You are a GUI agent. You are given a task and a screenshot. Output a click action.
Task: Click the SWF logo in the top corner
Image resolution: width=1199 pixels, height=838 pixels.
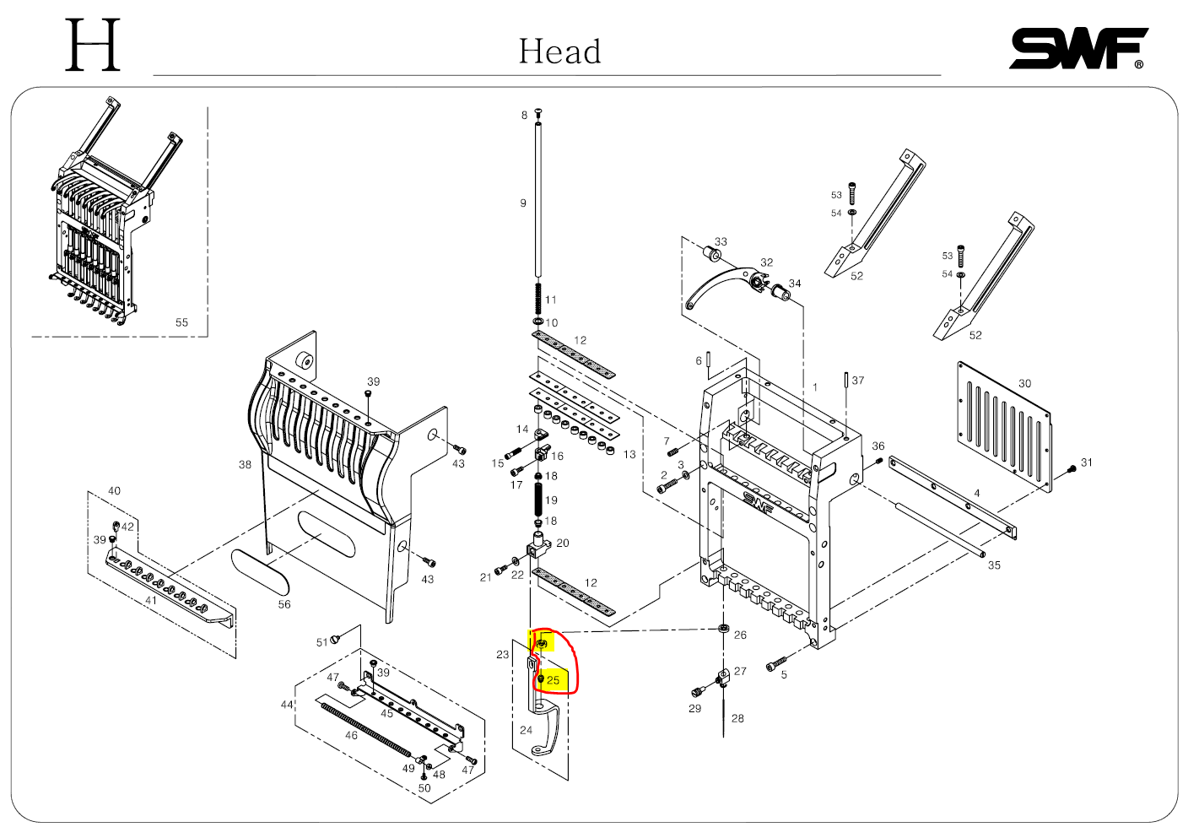[1077, 49]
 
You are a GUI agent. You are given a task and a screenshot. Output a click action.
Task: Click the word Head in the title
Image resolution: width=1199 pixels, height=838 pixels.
[559, 51]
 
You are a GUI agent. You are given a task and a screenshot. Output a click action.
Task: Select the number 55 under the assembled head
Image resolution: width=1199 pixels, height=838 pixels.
[181, 322]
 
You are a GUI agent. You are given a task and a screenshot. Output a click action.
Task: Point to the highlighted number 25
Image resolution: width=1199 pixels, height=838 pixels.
[554, 680]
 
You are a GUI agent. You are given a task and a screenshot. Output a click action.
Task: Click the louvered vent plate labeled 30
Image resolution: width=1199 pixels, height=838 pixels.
[1004, 425]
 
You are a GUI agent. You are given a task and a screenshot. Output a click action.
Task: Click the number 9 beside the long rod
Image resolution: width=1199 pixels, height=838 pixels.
[523, 203]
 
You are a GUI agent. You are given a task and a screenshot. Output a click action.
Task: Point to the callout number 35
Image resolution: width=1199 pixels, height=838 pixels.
[994, 565]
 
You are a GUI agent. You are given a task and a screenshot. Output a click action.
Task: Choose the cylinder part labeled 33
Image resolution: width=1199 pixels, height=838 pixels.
[707, 253]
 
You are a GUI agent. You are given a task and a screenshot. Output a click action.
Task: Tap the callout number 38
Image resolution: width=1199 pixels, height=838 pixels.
[245, 465]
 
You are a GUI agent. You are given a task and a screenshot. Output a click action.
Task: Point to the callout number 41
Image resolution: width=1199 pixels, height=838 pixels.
[151, 601]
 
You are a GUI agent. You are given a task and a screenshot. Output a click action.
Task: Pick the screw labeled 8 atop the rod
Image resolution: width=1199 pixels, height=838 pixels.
[537, 113]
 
